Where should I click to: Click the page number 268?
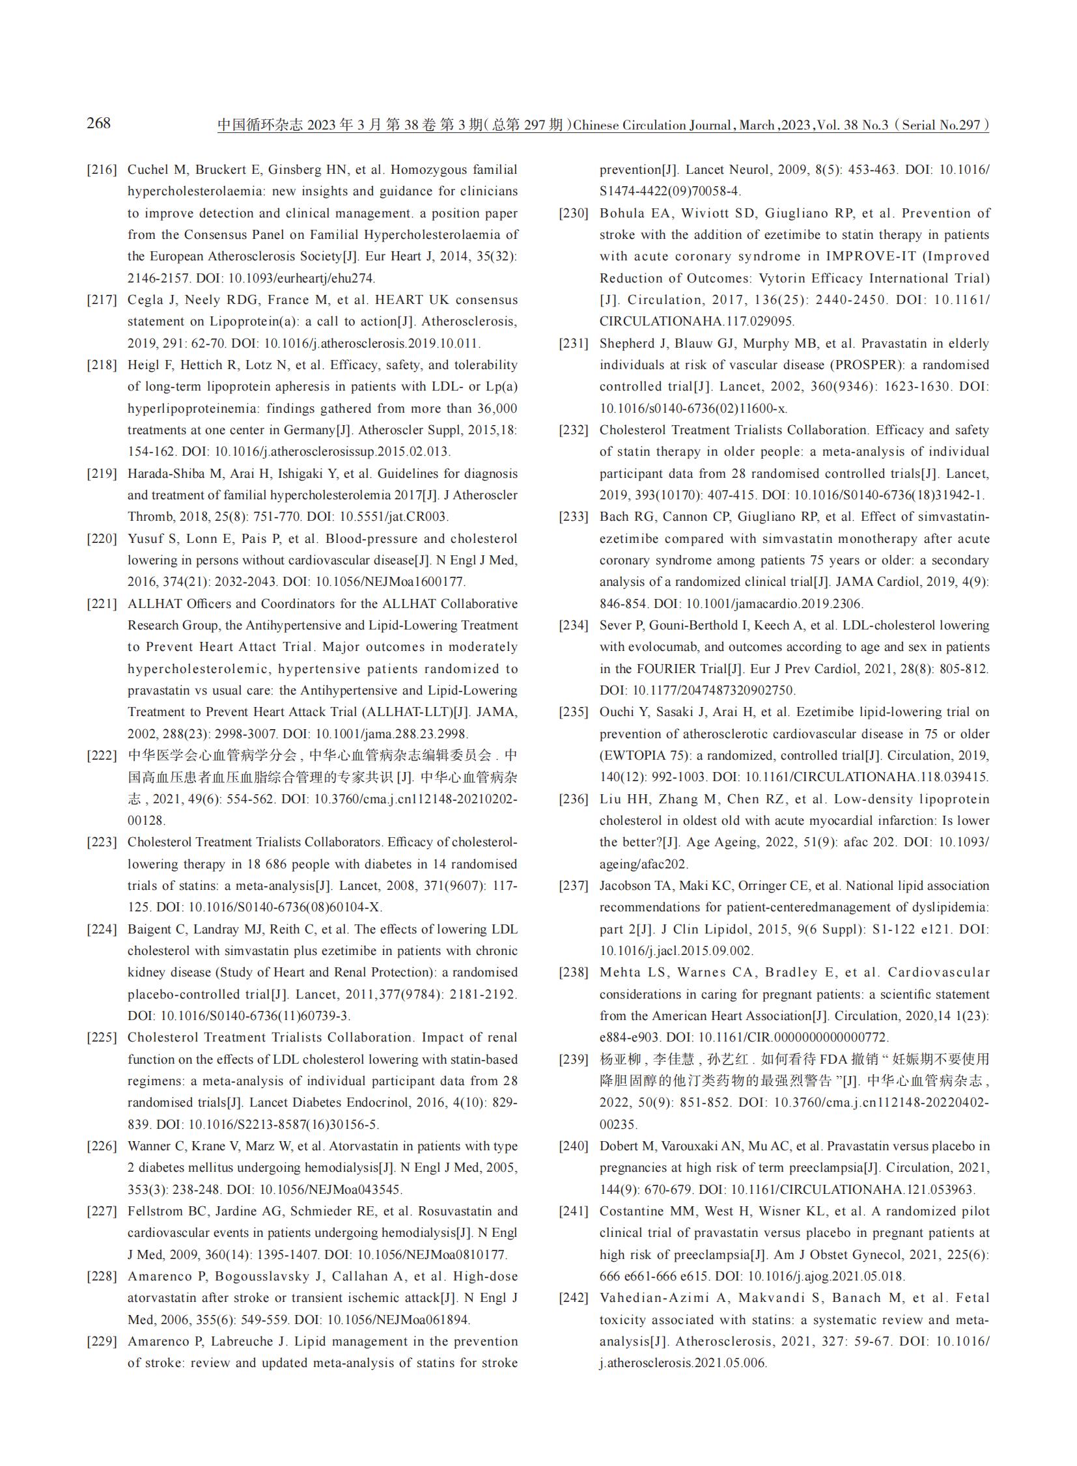point(98,122)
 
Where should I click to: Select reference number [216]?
point(102,170)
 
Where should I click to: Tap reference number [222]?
point(102,756)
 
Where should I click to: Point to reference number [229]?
point(102,1342)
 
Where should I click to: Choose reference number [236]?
point(574,799)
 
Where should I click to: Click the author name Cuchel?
point(147,170)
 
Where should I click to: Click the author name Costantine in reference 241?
point(632,1211)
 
